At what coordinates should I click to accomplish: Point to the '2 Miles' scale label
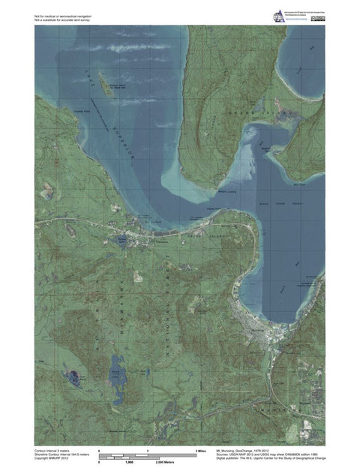pos(200,450)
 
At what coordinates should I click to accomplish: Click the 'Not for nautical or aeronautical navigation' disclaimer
pos(64,15)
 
